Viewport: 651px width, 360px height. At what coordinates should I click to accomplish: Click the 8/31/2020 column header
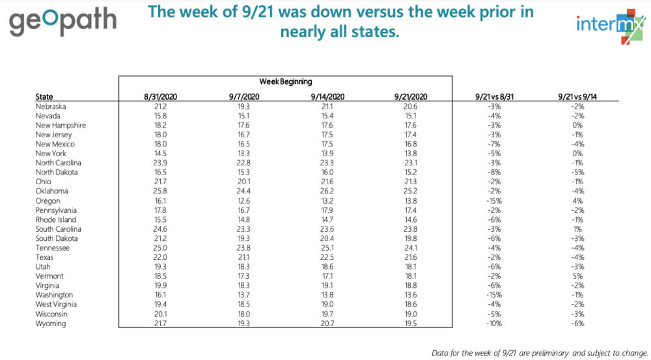160,97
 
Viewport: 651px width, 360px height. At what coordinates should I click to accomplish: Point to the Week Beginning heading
285,81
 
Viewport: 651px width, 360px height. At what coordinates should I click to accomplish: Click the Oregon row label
48,201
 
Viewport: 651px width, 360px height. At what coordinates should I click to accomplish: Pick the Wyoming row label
51,324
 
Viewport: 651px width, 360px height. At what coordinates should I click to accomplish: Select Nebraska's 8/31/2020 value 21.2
160,106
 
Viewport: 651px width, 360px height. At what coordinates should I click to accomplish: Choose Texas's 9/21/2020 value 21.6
406,258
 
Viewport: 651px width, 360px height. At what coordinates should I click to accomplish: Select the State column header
44,97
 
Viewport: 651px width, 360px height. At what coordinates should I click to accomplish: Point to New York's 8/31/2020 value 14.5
160,154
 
